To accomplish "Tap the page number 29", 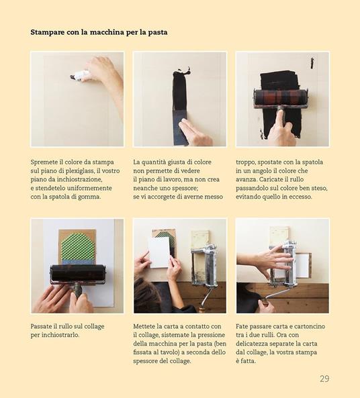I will [x=324, y=379].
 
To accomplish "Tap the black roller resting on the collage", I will [x=77, y=275].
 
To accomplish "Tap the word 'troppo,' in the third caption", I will [x=249, y=162].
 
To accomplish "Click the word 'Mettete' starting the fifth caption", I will [x=147, y=326].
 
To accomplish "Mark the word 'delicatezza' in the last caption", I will [x=256, y=343].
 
